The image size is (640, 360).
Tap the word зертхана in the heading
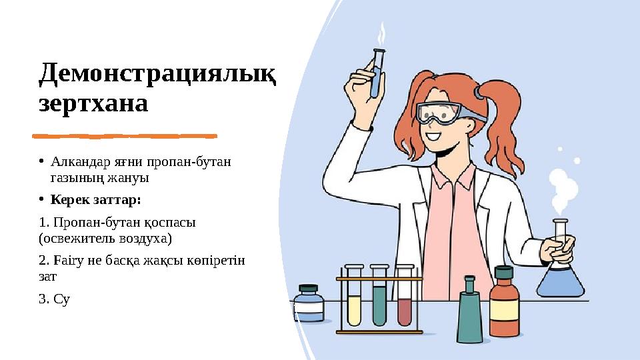93,104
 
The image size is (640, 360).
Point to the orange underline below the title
125,136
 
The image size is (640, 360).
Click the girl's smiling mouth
434,138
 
